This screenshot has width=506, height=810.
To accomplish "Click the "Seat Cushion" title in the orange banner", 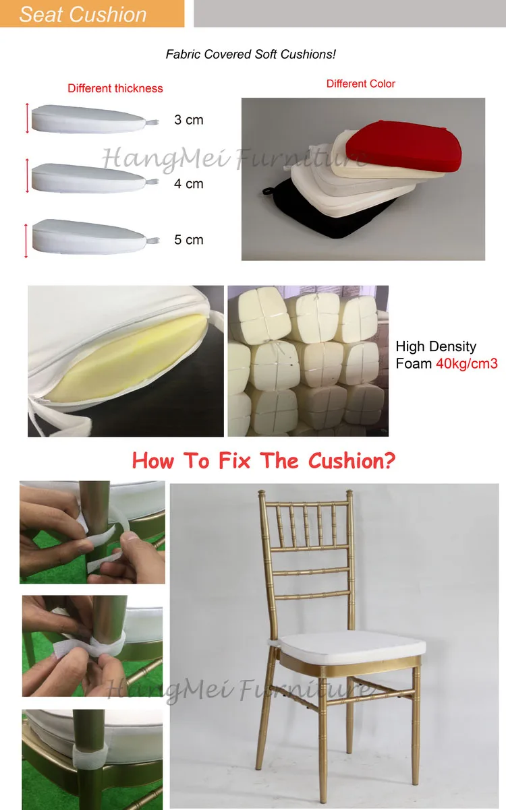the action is [83, 15].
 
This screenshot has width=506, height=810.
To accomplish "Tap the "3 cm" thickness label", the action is [189, 120].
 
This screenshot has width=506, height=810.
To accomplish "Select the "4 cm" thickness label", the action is [189, 184].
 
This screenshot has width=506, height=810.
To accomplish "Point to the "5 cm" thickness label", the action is [189, 240].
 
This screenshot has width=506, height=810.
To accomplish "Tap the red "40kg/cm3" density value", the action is [467, 363].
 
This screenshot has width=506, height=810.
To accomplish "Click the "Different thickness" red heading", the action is [115, 88].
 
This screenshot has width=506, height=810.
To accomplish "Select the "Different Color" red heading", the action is [360, 84].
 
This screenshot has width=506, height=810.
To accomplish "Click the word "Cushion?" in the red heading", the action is [352, 461].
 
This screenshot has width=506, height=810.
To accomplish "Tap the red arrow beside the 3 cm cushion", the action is [27, 118].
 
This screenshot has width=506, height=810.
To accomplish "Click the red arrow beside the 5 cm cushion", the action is [26, 241].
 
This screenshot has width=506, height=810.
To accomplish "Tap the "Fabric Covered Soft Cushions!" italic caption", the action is [251, 54].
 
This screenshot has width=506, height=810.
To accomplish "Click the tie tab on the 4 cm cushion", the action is [152, 181].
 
